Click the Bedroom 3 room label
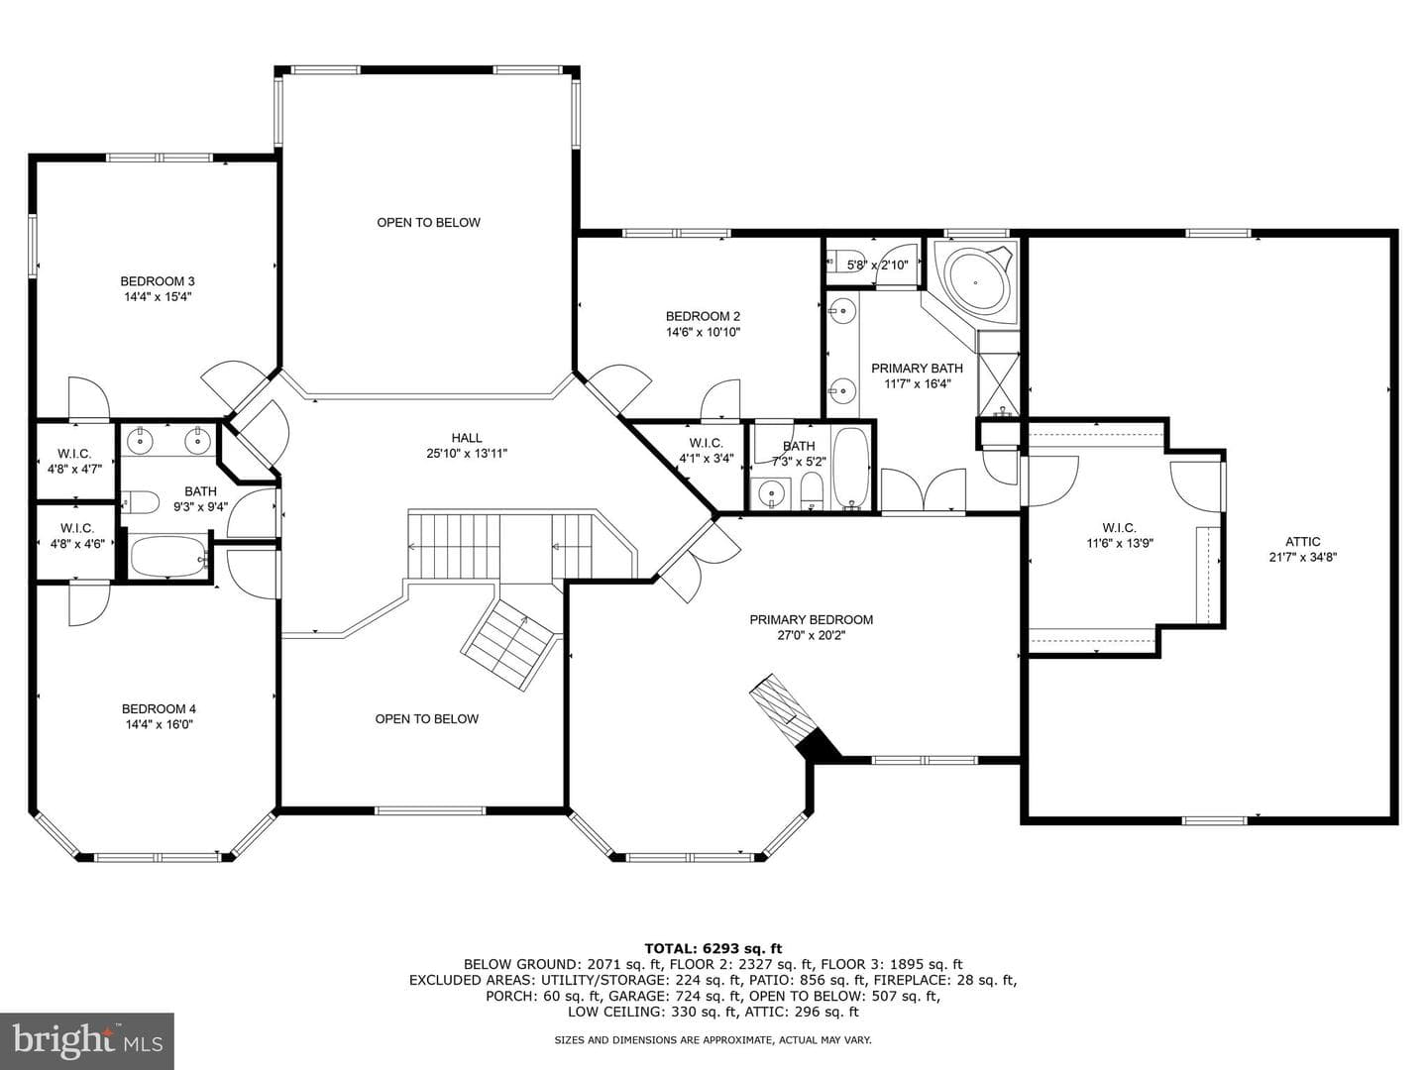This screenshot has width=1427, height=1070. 158,281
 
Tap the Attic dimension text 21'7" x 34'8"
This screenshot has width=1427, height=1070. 1302,557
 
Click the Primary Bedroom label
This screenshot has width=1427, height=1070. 811,620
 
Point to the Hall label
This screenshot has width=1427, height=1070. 467,438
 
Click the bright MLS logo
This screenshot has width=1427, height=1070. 87,1041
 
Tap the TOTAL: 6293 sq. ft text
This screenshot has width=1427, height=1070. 713,948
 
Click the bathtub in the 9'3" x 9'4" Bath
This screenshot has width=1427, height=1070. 168,556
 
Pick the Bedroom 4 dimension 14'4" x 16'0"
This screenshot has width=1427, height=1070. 160,724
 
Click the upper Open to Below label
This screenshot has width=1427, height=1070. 428,222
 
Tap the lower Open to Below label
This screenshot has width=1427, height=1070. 426,718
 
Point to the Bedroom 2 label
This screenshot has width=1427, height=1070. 703,316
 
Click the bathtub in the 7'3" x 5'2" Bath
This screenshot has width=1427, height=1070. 851,467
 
